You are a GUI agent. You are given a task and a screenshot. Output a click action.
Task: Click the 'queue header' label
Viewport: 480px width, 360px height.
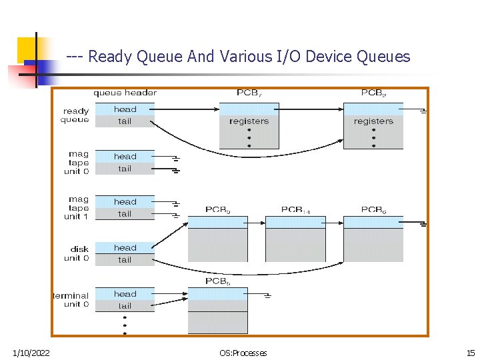(x=125, y=93)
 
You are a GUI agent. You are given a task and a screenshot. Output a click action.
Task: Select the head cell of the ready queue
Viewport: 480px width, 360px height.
(x=125, y=109)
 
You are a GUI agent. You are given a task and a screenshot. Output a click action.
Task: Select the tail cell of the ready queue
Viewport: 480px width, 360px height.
(x=125, y=121)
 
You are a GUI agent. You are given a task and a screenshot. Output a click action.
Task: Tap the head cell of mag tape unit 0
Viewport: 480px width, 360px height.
(x=125, y=157)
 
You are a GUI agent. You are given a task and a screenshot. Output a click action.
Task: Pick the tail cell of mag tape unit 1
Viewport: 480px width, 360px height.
(x=125, y=214)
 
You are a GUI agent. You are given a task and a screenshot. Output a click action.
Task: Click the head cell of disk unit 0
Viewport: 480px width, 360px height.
(x=125, y=248)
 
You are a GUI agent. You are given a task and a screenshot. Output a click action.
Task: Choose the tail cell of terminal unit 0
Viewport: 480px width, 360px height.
(x=125, y=306)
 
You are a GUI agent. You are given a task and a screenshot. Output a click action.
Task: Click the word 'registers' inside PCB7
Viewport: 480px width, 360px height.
(x=249, y=121)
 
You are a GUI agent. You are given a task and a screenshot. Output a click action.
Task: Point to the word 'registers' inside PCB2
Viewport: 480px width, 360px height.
(x=373, y=121)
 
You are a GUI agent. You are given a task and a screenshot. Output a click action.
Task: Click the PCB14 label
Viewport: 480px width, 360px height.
(x=295, y=209)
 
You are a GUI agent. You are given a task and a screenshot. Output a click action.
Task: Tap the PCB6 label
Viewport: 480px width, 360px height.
(x=373, y=209)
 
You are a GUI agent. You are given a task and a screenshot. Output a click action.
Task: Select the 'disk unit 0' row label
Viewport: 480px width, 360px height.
(x=77, y=253)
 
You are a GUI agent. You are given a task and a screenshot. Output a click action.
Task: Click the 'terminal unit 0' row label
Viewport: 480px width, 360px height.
(x=71, y=299)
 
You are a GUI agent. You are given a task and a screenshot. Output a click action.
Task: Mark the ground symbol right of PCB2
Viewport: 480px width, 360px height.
(x=423, y=111)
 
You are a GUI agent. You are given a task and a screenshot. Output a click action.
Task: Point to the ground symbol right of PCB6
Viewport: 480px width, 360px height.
(x=423, y=225)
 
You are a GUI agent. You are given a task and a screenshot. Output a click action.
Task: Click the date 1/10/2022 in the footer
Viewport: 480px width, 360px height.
(x=31, y=353)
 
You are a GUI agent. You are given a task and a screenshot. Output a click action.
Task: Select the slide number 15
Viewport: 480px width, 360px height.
(x=470, y=353)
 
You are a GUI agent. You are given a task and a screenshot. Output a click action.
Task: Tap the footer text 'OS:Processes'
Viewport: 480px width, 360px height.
(x=243, y=353)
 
